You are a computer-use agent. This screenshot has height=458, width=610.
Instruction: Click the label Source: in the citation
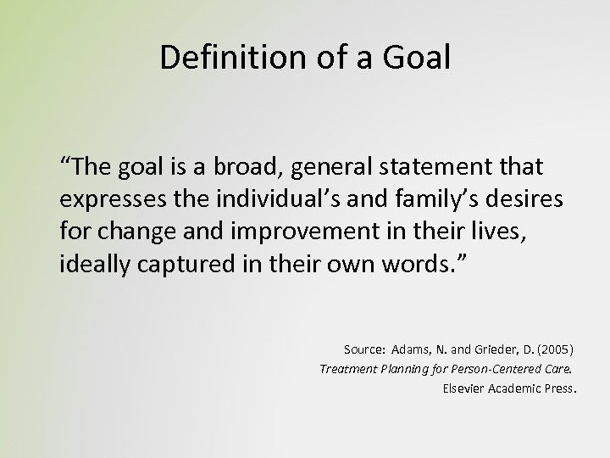(365, 349)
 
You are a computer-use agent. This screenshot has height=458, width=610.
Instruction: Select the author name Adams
(413, 349)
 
